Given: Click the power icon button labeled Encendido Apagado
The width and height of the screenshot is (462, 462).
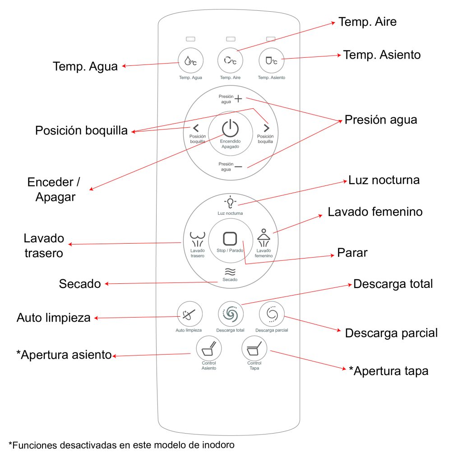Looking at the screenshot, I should point(230,128).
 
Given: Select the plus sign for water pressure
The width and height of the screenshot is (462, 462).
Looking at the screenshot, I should point(238,99).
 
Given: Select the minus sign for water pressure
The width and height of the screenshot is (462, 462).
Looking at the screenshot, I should point(238,166).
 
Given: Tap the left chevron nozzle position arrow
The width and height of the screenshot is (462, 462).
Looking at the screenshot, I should point(195,128).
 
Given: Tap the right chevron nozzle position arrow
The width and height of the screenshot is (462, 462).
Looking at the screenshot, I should point(266,128).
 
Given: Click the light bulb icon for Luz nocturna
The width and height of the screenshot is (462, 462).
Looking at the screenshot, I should point(230,201).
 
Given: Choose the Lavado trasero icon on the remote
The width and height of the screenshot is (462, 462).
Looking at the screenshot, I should point(197,240).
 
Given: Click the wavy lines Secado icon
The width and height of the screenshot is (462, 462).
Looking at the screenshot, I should point(230,271).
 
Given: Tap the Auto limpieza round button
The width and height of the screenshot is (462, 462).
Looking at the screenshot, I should point(189,313).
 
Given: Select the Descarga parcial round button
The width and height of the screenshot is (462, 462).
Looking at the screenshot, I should point(272,313).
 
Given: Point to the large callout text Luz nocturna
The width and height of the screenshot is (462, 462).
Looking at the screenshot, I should point(384,180).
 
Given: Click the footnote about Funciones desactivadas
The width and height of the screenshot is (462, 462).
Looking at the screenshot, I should point(121,445).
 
